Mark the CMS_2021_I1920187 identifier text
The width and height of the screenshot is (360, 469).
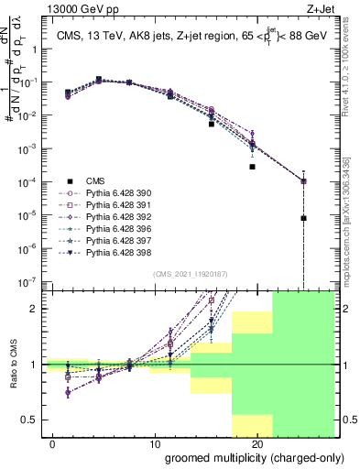pyautogui.click(x=191, y=272)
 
